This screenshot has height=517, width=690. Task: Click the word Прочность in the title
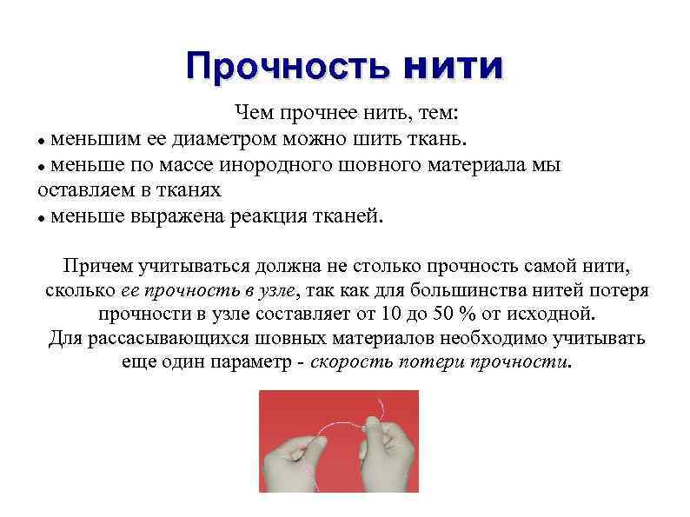click(x=286, y=66)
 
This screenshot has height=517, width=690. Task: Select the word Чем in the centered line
click(x=251, y=114)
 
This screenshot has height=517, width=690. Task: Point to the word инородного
click(x=263, y=164)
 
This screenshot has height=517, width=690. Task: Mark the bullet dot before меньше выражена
click(x=42, y=217)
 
